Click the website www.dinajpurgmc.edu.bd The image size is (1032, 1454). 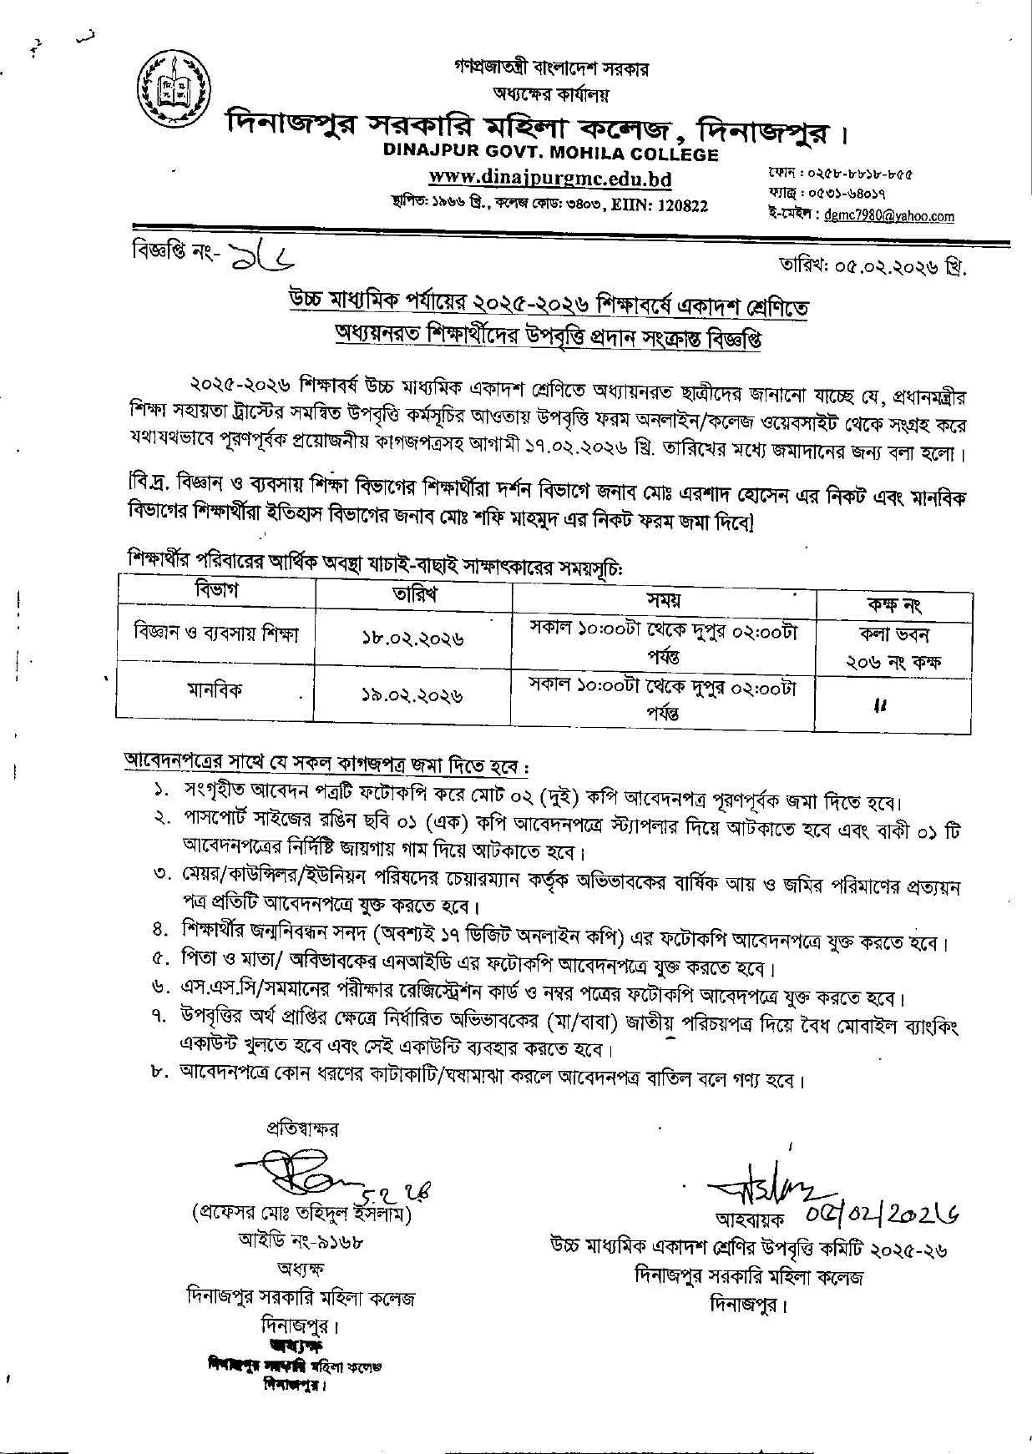[549, 179]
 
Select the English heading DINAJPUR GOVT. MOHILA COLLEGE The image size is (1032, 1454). [550, 154]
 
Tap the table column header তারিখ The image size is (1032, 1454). [414, 594]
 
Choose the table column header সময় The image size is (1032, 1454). [664, 599]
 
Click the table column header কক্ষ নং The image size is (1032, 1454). [893, 604]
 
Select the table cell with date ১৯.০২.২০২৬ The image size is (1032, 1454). [413, 694]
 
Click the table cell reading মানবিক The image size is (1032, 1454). [216, 690]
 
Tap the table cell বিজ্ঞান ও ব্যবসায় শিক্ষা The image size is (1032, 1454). [216, 632]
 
